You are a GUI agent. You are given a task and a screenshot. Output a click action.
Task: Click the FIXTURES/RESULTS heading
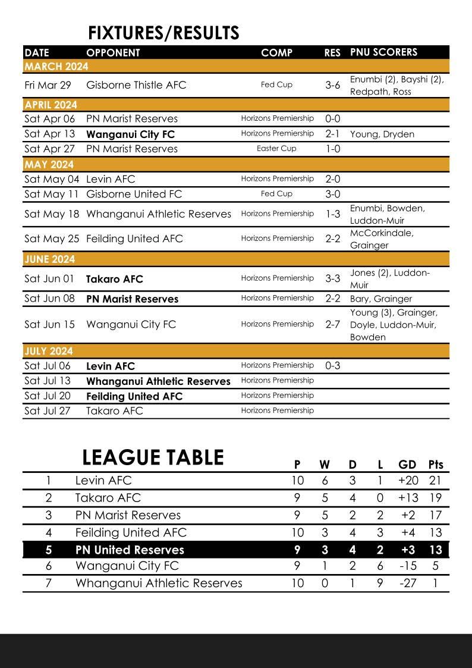pos(163,33)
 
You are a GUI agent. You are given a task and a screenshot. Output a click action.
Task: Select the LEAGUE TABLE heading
pos(153,457)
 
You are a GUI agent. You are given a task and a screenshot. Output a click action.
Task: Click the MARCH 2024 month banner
pos(56,66)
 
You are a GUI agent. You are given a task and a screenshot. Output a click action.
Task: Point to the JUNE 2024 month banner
pos(50,259)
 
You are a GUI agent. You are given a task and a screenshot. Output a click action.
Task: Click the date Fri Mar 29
pos(48,85)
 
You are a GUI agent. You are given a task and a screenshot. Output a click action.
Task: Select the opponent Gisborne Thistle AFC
pos(136,85)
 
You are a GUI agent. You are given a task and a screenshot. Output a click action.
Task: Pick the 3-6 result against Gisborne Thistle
pos(333,85)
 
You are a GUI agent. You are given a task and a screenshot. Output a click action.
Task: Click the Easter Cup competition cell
pos(276,149)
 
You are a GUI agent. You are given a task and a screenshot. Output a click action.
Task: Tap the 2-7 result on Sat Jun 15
pos(333,324)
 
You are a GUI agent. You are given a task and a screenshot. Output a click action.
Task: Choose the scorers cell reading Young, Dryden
pos(382,134)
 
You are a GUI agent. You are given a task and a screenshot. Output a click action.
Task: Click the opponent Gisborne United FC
pos(134,194)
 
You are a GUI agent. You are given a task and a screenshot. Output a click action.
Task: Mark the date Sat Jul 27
pos(48,410)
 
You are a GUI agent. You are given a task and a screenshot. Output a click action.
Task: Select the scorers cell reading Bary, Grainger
pos(380,299)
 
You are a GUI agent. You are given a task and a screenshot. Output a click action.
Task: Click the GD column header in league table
pos(407,465)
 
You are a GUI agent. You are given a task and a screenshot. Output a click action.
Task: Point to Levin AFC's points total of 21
pos(435,481)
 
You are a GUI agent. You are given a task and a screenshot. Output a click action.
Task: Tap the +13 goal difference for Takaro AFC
pos(407,498)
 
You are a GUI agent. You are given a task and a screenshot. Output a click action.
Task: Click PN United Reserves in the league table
pos(130,550)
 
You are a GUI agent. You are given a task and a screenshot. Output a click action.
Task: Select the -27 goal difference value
pos(407,583)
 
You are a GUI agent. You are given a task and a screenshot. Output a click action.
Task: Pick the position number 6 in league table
pos(49,566)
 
